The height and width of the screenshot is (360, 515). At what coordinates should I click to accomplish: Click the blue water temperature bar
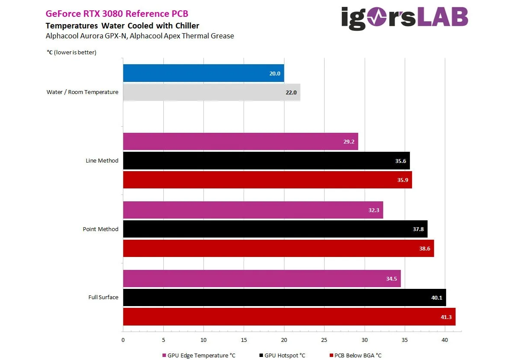[x=203, y=73]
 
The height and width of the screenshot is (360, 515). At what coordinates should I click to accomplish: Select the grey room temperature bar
[x=211, y=92]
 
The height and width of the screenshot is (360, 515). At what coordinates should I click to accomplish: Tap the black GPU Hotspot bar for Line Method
[x=266, y=160]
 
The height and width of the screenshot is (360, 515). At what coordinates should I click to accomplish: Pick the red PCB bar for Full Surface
[x=289, y=316]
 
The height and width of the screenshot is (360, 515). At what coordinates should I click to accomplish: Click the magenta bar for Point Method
[x=253, y=210]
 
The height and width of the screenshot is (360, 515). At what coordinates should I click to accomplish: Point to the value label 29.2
[x=349, y=141]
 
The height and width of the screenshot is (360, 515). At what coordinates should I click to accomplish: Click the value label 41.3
[x=446, y=317]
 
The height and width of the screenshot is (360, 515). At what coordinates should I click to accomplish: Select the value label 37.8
[x=418, y=229]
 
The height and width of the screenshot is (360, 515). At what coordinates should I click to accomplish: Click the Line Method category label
[x=102, y=160]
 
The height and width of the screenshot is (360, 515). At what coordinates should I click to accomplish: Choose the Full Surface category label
[x=103, y=297]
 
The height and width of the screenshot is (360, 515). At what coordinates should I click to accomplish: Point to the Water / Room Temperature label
[x=82, y=92]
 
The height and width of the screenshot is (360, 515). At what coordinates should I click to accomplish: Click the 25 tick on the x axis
[x=325, y=340]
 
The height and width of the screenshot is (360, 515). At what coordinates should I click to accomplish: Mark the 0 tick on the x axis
[x=123, y=340]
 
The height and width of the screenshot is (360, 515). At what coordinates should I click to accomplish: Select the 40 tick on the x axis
[x=445, y=340]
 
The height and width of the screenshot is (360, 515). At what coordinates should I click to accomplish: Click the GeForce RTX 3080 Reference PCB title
[x=117, y=14]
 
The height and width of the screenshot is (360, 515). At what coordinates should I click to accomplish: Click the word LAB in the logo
[x=436, y=18]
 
